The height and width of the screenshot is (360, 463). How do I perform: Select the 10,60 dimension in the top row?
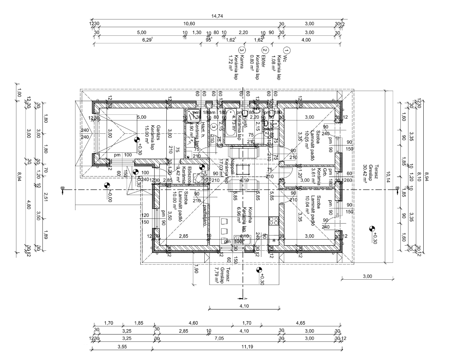pos(189,24)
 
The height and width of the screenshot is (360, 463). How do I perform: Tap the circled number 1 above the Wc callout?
pos(287,50)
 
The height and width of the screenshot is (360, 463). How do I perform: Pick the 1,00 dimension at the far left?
pos(19,92)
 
